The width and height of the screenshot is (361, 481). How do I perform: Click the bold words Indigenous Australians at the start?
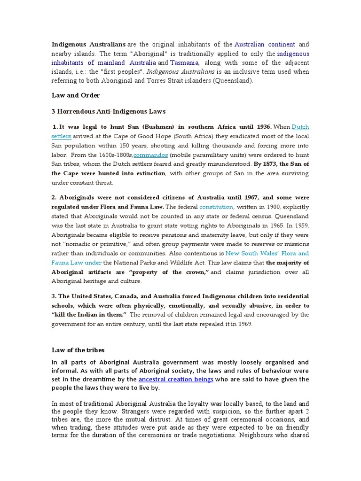click(x=89, y=45)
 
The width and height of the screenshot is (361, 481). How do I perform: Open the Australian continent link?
click(x=265, y=45)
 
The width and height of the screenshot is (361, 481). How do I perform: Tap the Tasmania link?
click(x=184, y=62)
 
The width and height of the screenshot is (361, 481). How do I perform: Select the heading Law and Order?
click(x=76, y=95)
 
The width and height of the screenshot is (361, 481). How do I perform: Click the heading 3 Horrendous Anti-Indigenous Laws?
click(x=109, y=111)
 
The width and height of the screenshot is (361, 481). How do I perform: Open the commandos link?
click(x=151, y=155)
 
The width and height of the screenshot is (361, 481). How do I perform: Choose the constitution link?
click(x=216, y=207)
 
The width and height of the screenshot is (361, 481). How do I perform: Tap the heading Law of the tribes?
click(x=78, y=350)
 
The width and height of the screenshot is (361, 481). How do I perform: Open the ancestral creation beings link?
click(x=176, y=379)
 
